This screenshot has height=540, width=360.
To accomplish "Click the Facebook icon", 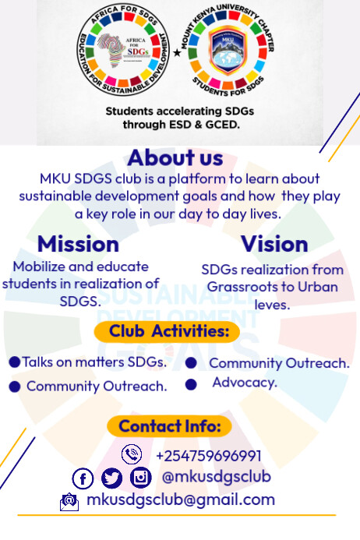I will [83, 478].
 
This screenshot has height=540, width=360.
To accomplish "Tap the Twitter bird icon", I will [111, 478].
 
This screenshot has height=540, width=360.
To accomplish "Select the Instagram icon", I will [140, 478].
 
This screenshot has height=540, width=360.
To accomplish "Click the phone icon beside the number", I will [132, 454].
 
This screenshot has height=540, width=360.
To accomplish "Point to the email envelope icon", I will [69, 502].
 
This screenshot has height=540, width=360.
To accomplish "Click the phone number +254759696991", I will [208, 456].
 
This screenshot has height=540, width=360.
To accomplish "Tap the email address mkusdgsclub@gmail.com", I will [181, 500].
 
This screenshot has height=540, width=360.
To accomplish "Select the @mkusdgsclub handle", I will [216, 476].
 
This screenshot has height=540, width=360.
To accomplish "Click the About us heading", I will [175, 158].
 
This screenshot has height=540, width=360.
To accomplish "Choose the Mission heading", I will [78, 244].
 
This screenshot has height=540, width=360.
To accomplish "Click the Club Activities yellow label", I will [169, 331].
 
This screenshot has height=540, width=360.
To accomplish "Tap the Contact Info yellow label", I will [169, 426].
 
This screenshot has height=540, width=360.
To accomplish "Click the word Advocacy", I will [245, 383].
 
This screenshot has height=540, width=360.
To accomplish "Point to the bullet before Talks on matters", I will [14, 362].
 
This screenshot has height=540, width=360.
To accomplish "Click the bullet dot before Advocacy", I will [191, 384].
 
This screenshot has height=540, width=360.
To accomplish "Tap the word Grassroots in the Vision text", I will [243, 287].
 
